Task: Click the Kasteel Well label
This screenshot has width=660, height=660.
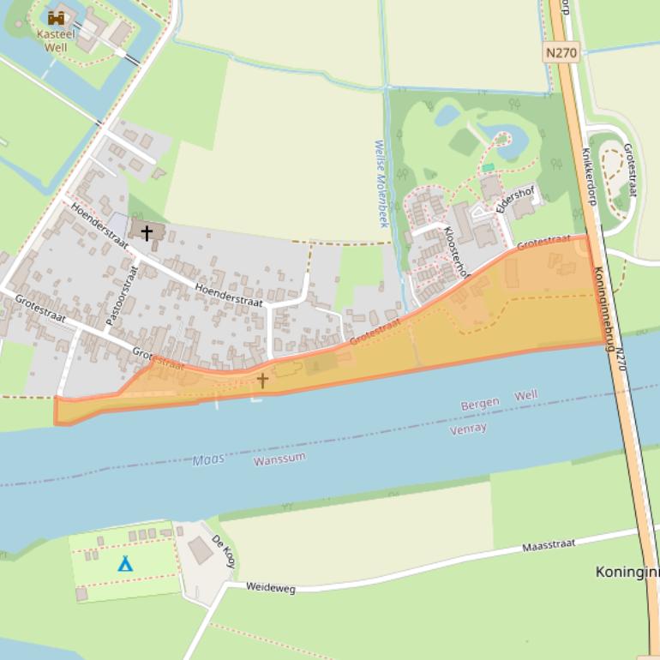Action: click(56, 40)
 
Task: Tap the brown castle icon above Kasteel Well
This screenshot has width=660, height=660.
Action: click(57, 18)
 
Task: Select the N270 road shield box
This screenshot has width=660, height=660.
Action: click(561, 52)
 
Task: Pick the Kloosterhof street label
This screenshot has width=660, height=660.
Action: click(457, 252)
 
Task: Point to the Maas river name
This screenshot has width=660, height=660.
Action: click(208, 460)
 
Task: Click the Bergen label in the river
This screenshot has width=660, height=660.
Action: click(479, 404)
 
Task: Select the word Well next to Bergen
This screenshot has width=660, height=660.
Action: click(525, 395)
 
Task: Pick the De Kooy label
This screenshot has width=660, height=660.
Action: click(224, 552)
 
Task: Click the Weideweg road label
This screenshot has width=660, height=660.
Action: click(270, 587)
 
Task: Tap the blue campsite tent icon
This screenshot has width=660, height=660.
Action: click(125, 563)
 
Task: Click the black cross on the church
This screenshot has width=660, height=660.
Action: click(147, 232)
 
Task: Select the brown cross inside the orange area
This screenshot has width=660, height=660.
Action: click(262, 380)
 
